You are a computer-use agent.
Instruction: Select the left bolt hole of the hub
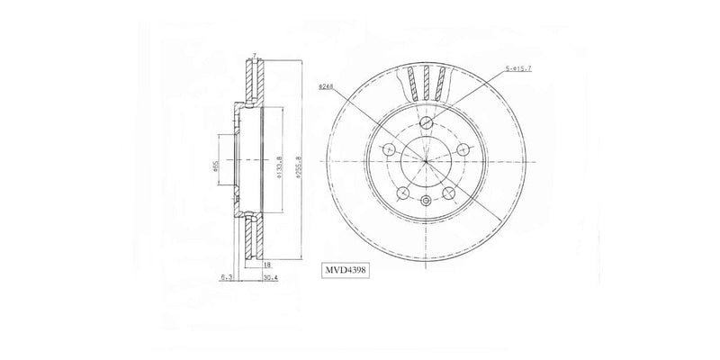coord(389,149)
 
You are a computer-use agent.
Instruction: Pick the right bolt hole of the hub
coord(462,149)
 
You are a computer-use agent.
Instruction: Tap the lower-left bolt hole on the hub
coord(402,192)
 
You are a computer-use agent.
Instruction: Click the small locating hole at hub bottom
coord(425,200)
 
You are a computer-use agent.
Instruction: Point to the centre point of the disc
coord(425,162)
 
